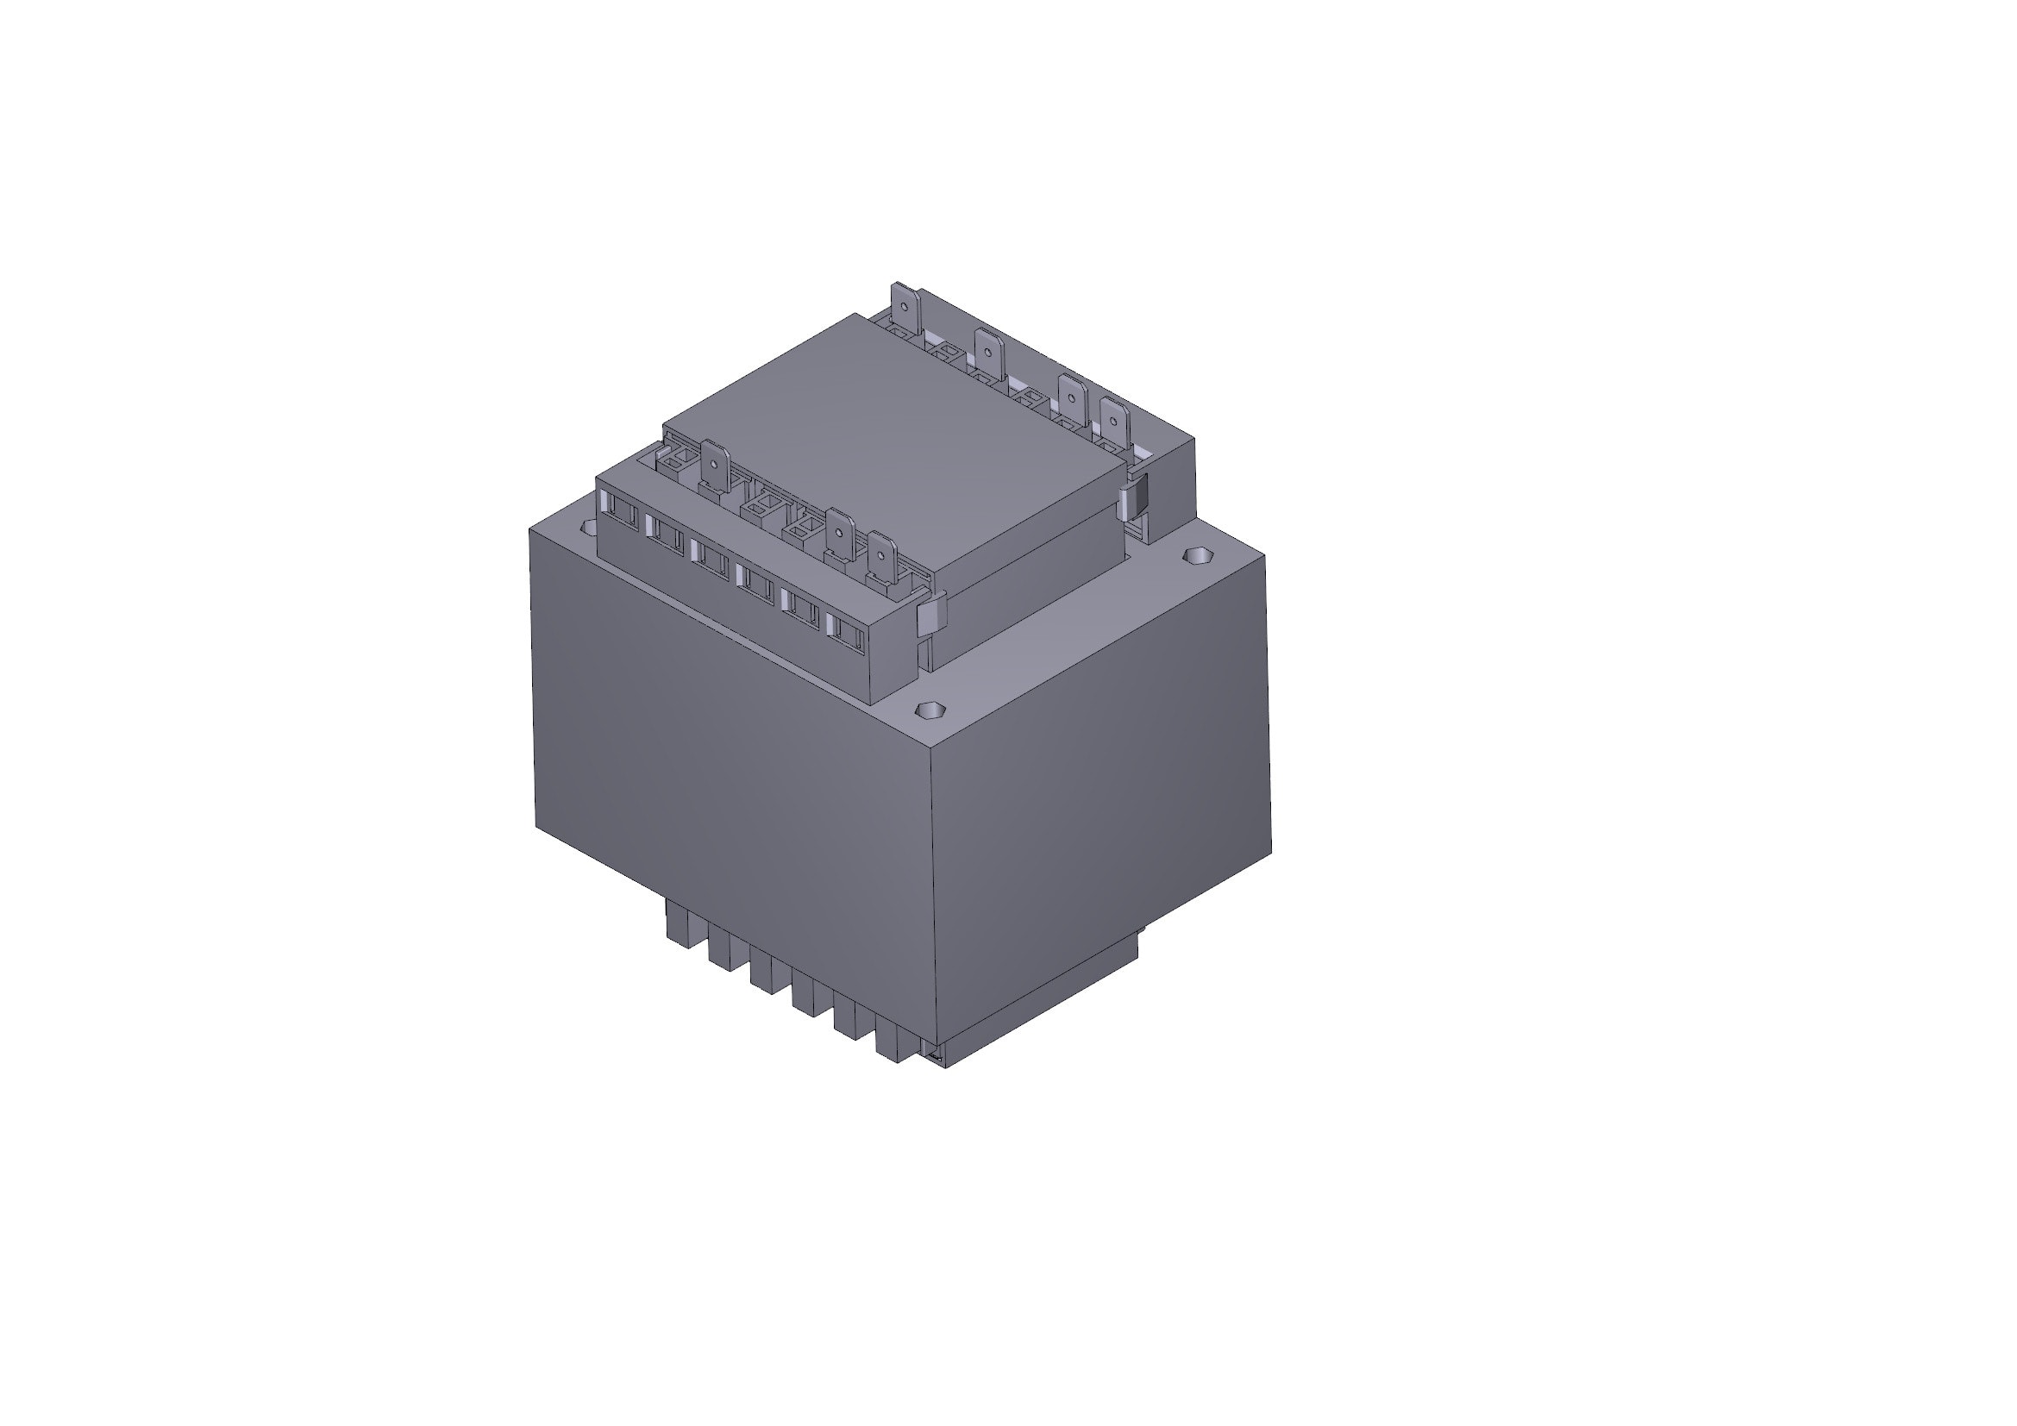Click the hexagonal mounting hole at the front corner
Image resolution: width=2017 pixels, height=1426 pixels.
pyautogui.click(x=929, y=709)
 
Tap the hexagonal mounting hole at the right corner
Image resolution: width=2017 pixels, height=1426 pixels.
pyautogui.click(x=1198, y=556)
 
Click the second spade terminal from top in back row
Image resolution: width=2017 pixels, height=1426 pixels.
pyautogui.click(x=988, y=353)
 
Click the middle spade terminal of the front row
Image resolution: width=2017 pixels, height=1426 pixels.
pyautogui.click(x=840, y=535)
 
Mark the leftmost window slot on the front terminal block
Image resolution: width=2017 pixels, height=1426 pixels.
pyautogui.click(x=620, y=511)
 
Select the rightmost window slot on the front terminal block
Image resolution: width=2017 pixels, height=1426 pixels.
pyautogui.click(x=844, y=630)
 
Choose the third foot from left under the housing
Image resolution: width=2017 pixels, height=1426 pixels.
pyautogui.click(x=761, y=973)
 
